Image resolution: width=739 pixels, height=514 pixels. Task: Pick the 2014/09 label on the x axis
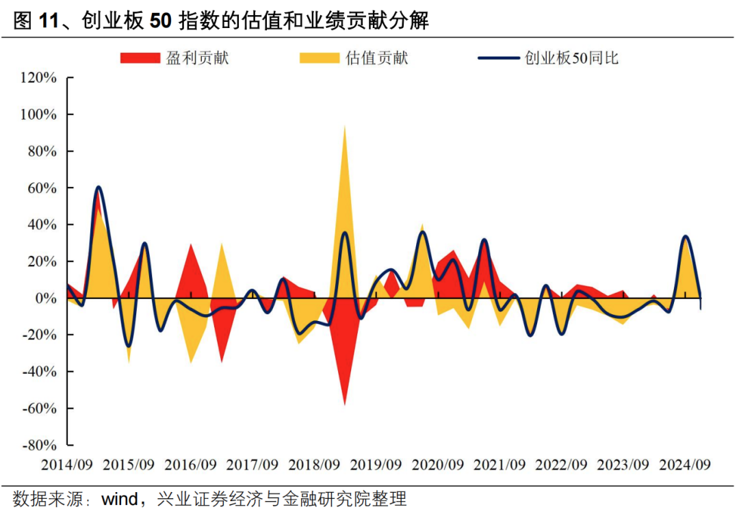click(67, 465)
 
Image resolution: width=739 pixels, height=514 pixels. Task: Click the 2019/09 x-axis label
click(376, 465)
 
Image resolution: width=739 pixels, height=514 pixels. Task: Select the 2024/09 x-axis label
click(684, 465)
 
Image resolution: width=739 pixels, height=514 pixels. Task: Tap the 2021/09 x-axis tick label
click(500, 465)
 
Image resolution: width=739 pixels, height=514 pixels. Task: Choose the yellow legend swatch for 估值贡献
click(319, 58)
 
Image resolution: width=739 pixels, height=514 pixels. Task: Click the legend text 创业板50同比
click(571, 58)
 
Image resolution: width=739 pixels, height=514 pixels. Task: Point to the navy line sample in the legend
click(498, 58)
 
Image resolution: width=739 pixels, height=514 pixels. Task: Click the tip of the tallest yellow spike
click(344, 125)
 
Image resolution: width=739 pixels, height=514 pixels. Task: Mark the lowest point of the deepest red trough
click(344, 405)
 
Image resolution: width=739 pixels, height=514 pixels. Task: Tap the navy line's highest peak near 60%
click(99, 186)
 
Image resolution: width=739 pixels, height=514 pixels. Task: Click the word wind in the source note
click(120, 498)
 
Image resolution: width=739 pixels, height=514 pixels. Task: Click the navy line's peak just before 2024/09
click(685, 236)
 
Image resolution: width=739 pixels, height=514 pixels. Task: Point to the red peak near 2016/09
click(191, 244)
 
